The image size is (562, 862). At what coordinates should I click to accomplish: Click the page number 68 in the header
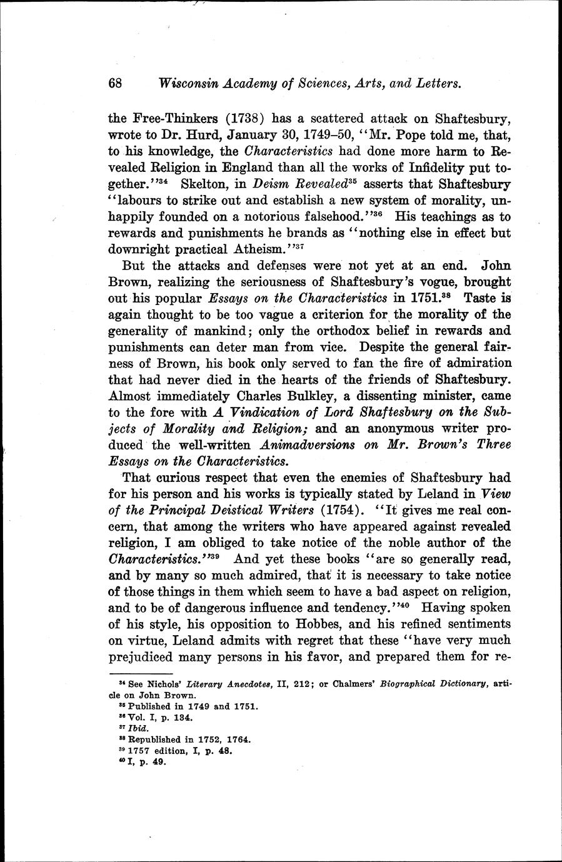(116, 83)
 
